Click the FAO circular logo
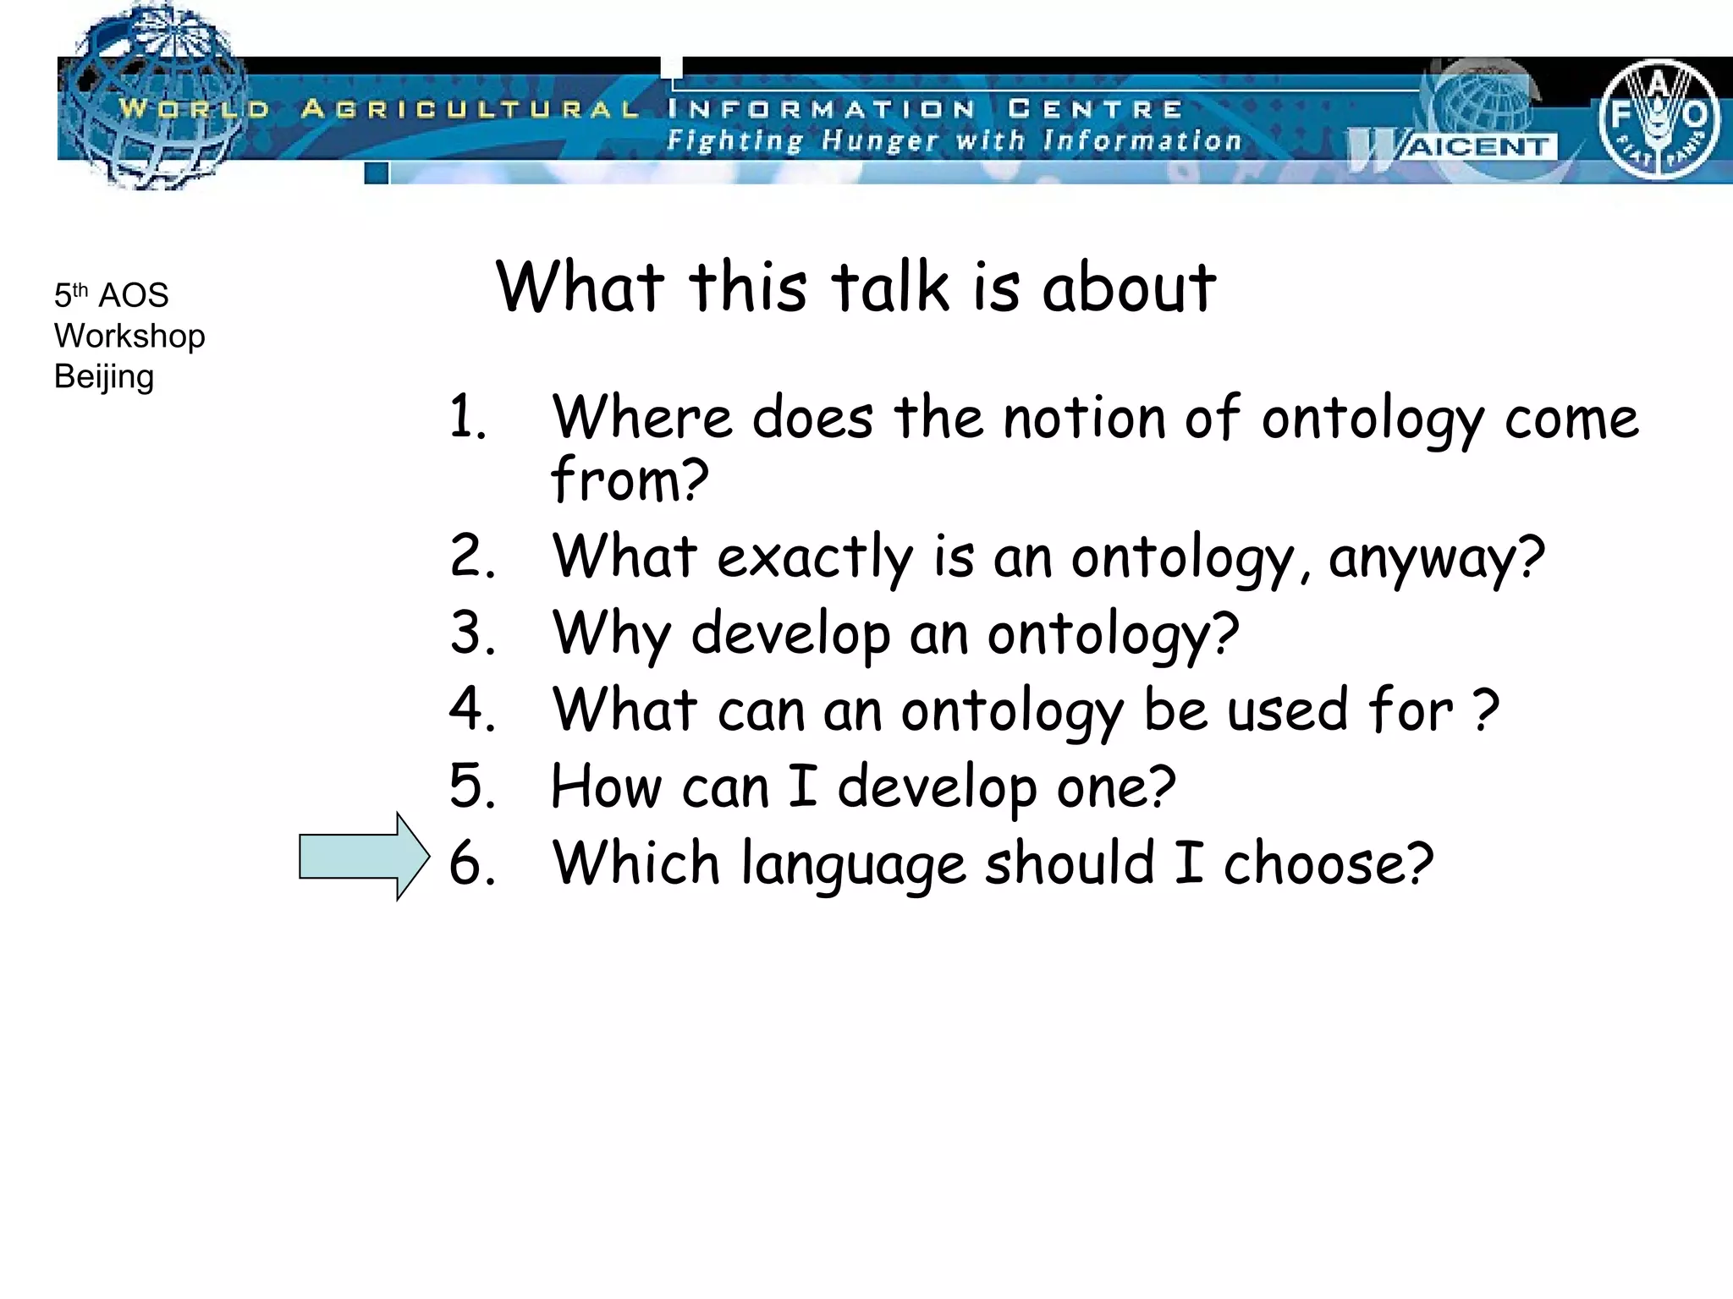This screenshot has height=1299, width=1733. pyautogui.click(x=1659, y=118)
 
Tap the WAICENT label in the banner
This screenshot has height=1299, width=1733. pyautogui.click(x=1477, y=147)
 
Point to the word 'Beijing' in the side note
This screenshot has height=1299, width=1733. pyautogui.click(x=103, y=377)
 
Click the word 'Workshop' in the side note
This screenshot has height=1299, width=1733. pyautogui.click(x=129, y=337)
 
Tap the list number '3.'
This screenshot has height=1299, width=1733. pyautogui.click(x=472, y=633)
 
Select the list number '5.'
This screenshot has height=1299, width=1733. pyautogui.click(x=472, y=787)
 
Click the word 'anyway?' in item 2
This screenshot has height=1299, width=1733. pyautogui.click(x=1436, y=558)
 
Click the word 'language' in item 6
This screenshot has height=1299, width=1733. pyautogui.click(x=853, y=864)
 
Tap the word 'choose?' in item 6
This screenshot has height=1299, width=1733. pyautogui.click(x=1328, y=863)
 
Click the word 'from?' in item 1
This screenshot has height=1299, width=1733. pyautogui.click(x=629, y=480)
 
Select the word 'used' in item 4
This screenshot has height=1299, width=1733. pyautogui.click(x=1287, y=710)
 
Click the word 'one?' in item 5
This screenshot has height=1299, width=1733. pyautogui.click(x=1115, y=787)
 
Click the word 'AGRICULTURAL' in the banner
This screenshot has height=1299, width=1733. pyautogui.click(x=470, y=109)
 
